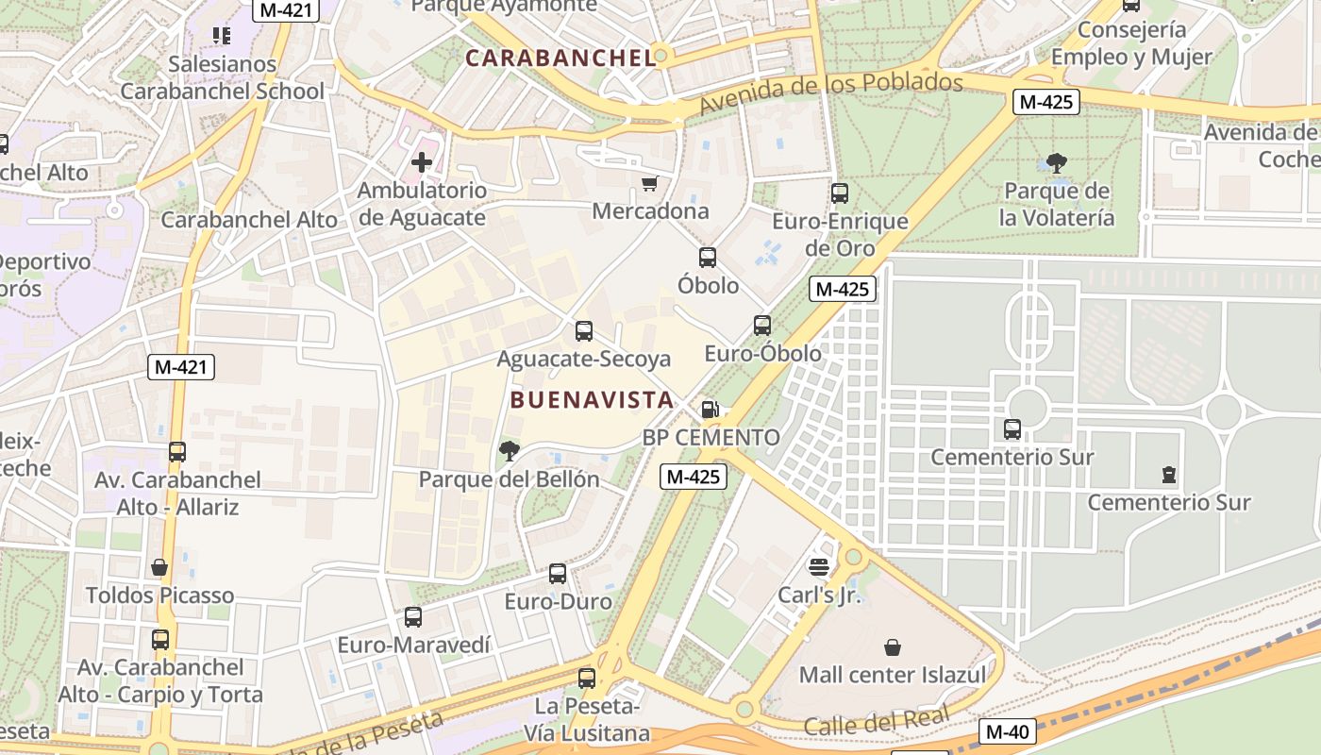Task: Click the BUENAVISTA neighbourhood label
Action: (592, 400)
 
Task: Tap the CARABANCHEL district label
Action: (560, 58)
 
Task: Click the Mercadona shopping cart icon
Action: (649, 184)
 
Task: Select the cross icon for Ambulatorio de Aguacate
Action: (422, 162)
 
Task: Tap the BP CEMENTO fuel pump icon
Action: (711, 410)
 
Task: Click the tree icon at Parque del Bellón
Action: (510, 451)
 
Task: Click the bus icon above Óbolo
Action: (708, 257)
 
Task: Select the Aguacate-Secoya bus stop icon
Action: (584, 331)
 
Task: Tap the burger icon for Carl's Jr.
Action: (818, 567)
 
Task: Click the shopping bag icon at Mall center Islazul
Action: (892, 647)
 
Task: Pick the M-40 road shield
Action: (1008, 731)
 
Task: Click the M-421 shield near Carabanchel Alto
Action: (181, 367)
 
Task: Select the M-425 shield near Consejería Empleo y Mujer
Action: (1045, 102)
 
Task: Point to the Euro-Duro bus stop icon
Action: (558, 573)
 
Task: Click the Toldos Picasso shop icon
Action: (159, 567)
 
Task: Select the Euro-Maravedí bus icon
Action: (413, 617)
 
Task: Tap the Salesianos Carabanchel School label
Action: (223, 78)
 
